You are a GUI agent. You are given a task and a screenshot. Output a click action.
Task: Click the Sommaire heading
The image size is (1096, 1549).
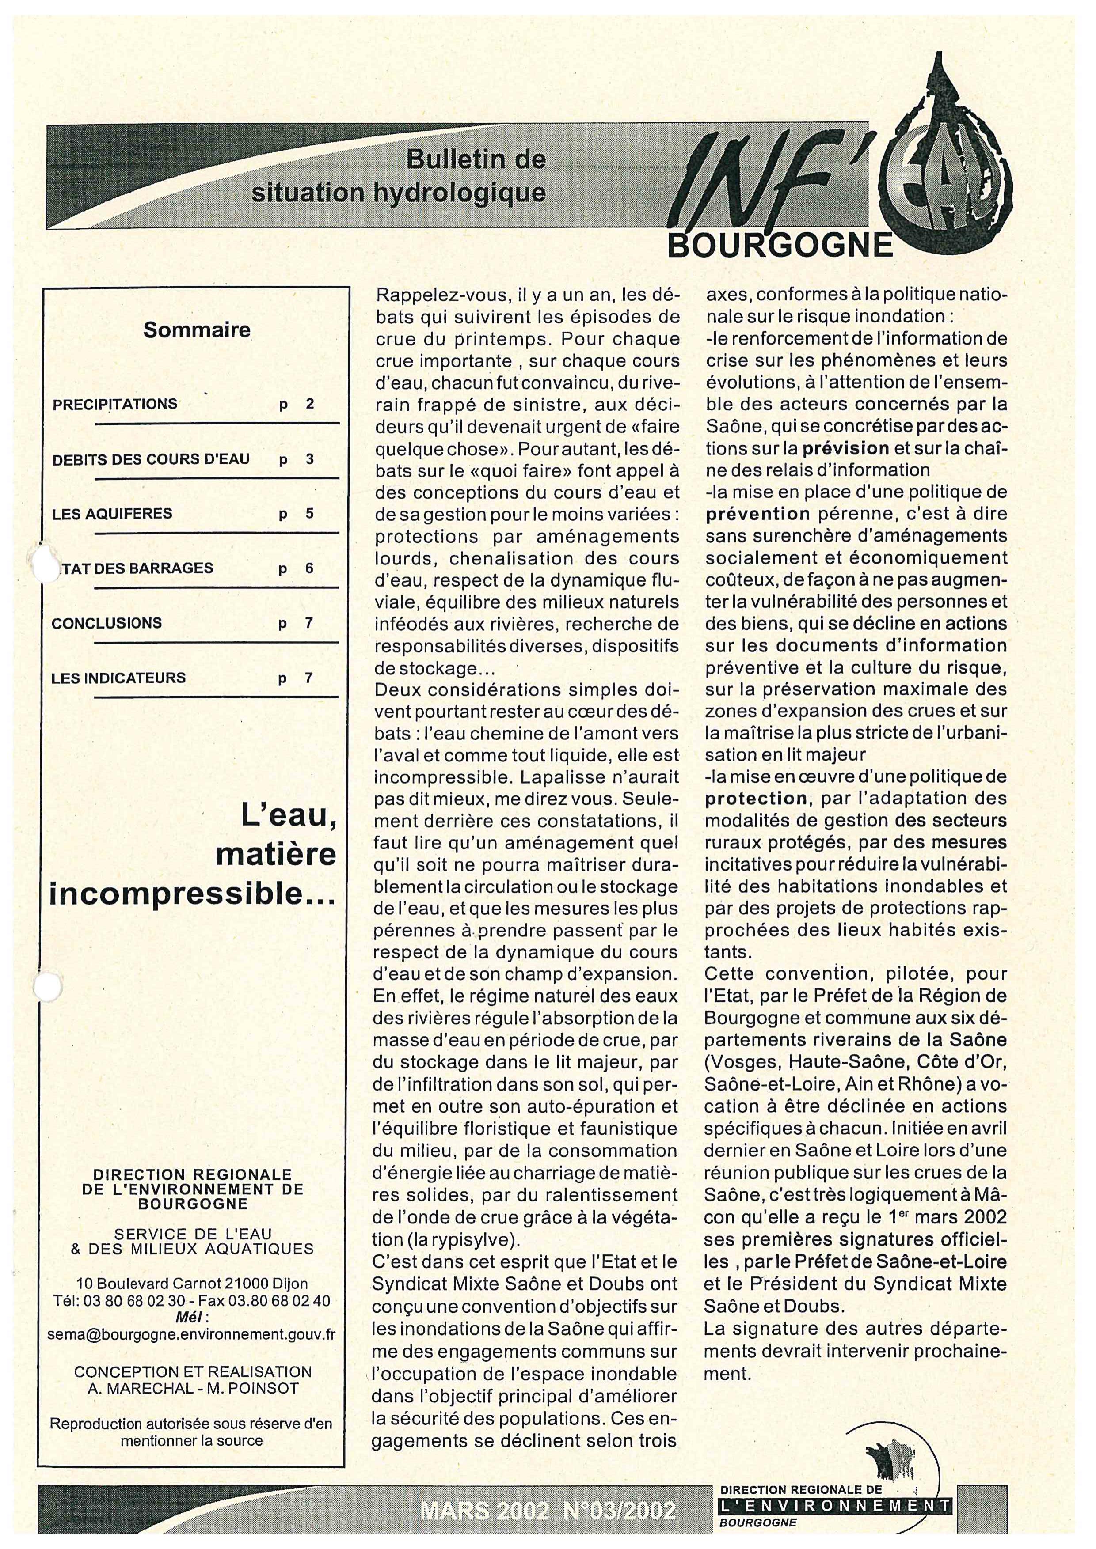[196, 330]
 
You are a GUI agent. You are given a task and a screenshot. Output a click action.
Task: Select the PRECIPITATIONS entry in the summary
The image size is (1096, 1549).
[115, 404]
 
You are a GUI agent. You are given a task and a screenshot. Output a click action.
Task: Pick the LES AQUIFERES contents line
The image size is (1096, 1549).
[112, 514]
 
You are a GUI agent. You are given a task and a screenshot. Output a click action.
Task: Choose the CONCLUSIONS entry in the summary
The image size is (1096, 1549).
[107, 623]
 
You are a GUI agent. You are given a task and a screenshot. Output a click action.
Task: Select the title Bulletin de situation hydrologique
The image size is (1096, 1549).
[398, 177]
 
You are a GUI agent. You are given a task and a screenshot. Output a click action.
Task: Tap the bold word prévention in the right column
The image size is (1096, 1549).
[758, 514]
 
